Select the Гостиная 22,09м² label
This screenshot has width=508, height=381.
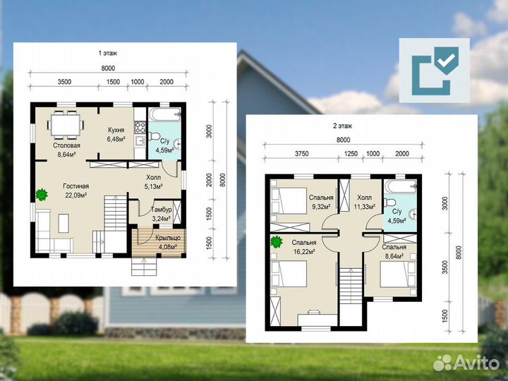(x=75, y=190)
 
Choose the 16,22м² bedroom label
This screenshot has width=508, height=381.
(x=304, y=246)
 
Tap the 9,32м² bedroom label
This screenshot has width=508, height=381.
(x=321, y=202)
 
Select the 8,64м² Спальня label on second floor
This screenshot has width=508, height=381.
(x=394, y=251)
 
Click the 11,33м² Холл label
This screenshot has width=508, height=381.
(x=365, y=202)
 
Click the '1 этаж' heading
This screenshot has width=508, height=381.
(x=108, y=53)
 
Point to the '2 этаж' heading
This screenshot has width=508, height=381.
(x=343, y=126)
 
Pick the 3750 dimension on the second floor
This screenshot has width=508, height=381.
(x=302, y=154)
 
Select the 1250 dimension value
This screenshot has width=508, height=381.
(x=351, y=154)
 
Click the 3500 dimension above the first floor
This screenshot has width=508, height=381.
(x=64, y=82)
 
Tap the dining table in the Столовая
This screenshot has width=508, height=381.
(x=66, y=125)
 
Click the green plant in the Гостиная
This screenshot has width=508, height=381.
(x=42, y=195)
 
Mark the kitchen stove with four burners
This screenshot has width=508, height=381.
(x=140, y=127)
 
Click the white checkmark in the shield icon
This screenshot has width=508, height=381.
(x=447, y=60)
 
